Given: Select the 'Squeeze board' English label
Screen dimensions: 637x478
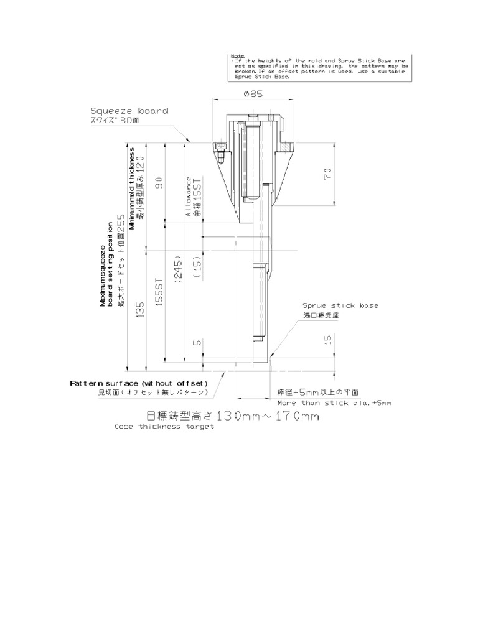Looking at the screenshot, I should [129, 111].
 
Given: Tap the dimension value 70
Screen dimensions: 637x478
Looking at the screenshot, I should [327, 174].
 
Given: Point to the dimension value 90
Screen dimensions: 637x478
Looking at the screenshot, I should [159, 183].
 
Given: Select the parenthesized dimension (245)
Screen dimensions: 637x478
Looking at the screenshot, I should [179, 269].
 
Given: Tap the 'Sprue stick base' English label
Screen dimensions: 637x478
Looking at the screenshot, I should [340, 305].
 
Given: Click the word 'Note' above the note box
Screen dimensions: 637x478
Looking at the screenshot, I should [237, 55].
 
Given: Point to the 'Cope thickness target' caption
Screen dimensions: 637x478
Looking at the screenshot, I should [164, 427].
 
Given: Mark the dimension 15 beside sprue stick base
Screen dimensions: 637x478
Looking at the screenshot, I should [328, 339].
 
